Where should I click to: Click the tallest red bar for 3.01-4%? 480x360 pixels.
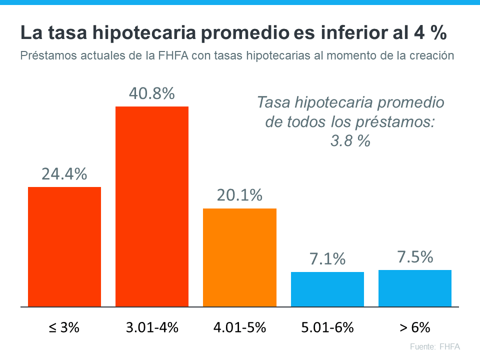152,206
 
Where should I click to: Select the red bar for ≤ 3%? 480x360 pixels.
64,246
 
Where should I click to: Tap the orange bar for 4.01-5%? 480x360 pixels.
239,257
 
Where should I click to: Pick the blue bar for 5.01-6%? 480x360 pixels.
327,289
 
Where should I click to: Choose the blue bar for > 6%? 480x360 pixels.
415,288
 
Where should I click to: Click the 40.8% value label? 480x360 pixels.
152,93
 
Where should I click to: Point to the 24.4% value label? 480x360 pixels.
64,174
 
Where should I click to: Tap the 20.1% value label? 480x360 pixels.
239,195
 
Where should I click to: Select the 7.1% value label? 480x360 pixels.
327,259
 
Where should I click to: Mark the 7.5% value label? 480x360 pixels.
415,257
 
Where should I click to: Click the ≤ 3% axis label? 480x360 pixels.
64,328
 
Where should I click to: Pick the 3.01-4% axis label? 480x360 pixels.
152,328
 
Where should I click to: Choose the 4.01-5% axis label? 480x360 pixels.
239,328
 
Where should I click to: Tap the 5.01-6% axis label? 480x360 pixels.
327,328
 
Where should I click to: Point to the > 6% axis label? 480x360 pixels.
415,328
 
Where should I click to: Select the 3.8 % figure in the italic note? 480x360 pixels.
350,141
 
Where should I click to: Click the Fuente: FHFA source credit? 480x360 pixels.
434,346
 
